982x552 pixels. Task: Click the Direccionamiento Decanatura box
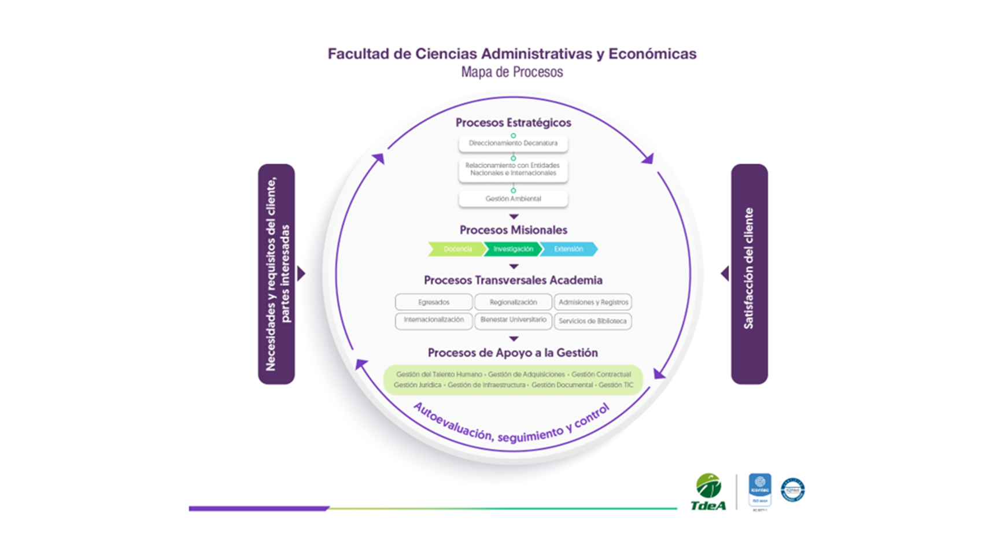513,143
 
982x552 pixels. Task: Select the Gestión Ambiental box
513,199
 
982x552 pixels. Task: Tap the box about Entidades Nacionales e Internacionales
513,169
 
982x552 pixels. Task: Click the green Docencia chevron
457,249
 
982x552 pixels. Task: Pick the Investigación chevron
513,249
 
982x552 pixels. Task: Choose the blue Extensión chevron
568,249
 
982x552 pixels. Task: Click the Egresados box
434,302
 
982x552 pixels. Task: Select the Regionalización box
513,302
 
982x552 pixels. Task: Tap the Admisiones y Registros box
593,302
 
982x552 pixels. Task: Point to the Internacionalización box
434,320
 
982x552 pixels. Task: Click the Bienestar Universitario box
513,320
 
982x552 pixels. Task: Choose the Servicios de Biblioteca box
593,321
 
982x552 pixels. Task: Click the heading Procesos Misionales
513,230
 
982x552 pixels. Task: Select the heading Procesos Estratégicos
513,123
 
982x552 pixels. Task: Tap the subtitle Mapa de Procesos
512,72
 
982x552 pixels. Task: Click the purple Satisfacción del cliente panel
749,273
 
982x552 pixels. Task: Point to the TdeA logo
708,492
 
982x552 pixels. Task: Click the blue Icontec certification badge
759,490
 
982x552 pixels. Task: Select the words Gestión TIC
616,385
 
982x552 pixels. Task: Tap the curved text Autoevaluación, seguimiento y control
511,428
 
